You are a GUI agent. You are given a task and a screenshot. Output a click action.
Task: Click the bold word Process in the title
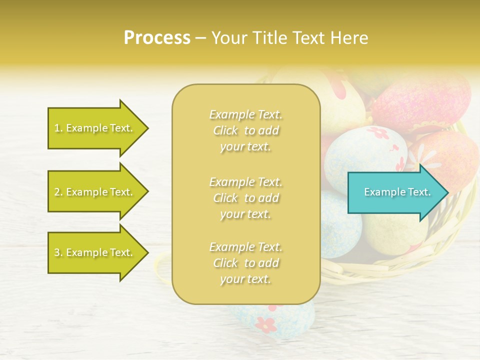point(157,38)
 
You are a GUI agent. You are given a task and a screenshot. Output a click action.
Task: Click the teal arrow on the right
point(395,192)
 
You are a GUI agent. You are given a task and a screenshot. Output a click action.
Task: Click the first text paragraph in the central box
point(245,130)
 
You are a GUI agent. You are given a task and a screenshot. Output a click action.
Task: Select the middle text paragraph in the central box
point(245,197)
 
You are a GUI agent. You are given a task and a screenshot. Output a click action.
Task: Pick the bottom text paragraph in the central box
point(245,263)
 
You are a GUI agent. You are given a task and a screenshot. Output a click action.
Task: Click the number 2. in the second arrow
point(58,192)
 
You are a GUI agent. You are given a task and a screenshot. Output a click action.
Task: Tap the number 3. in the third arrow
point(58,252)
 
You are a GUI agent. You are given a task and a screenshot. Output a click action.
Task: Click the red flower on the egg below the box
point(265,324)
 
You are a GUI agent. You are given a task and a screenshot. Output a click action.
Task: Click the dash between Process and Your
point(200,38)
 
